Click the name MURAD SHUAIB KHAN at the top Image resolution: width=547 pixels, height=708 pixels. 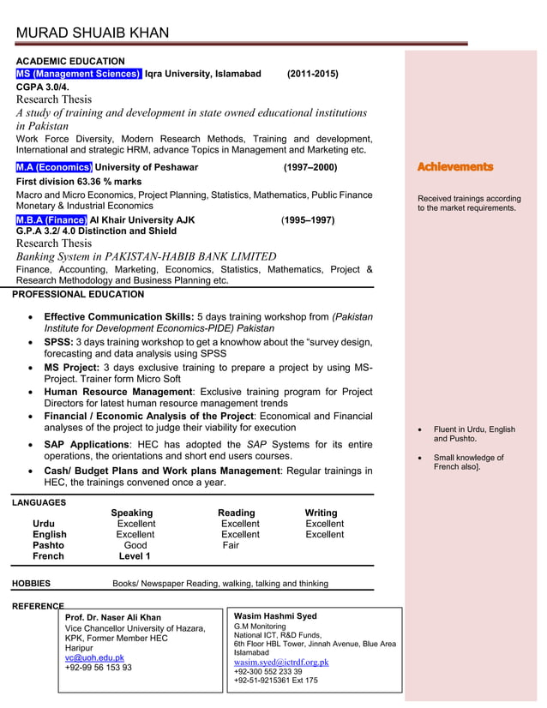point(93,33)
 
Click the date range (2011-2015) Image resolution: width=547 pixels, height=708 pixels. point(312,75)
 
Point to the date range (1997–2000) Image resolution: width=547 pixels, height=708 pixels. point(310,167)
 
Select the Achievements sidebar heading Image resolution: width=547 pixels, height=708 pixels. point(454,167)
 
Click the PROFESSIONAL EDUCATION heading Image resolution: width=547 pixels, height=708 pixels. point(78,294)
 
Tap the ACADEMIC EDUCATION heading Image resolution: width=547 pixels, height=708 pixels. point(70,62)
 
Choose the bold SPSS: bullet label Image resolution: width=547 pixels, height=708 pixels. point(58,343)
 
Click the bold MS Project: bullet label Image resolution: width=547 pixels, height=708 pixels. point(71,368)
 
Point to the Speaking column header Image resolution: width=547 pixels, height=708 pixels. point(131,513)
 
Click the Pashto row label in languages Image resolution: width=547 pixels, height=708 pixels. point(48,545)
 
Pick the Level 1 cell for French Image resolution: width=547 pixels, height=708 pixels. point(135,556)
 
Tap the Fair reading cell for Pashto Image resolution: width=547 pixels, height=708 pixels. point(231,545)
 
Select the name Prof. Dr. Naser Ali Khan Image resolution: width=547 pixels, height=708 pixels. point(112,617)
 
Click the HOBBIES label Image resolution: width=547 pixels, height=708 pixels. point(31,584)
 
